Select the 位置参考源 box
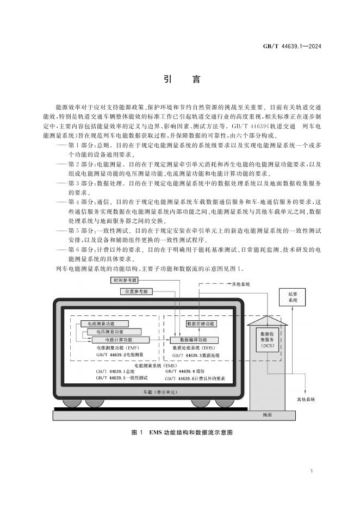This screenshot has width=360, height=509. point(136,291)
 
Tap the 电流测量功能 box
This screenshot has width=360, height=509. point(104,324)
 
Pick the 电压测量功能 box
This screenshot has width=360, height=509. point(114,332)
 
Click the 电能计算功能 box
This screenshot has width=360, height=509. point(120,340)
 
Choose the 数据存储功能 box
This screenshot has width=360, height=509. point(201,324)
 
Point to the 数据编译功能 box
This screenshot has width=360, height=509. point(194,340)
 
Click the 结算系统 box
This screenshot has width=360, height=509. point(292,297)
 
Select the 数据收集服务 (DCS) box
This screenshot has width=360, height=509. point(267,339)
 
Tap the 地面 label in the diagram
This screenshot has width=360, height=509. point(267,415)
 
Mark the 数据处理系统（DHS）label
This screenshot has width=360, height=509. point(194,347)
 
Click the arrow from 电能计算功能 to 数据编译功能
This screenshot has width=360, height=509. point(160,340)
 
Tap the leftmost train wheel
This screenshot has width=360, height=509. point(72,403)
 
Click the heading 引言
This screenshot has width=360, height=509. point(182,79)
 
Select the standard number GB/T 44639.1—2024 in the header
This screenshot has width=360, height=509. point(292,46)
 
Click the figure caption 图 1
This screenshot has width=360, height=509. point(137,432)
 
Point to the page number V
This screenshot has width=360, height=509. point(312,471)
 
